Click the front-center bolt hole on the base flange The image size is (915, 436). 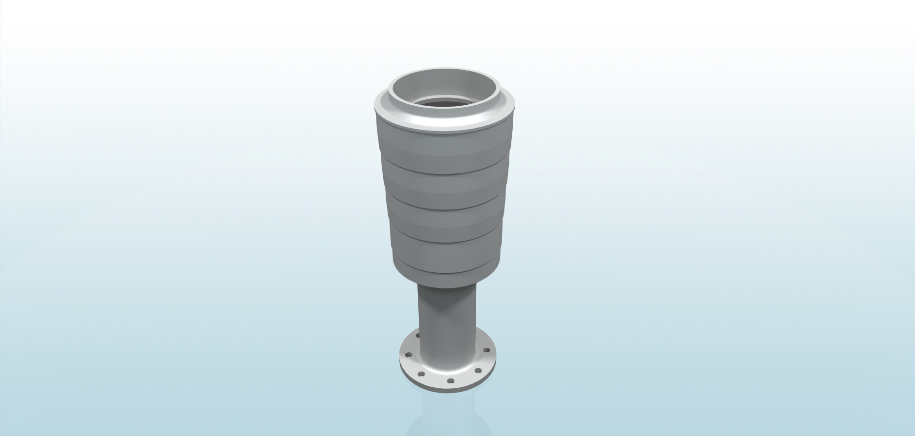pos(450,381)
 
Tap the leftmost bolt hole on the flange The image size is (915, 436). pos(409,355)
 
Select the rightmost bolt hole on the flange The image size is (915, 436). pos(486,350)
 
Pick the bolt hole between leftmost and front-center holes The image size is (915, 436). pos(421,374)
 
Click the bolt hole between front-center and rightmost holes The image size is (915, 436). pos(478,371)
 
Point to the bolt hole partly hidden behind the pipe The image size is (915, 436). pos(418,335)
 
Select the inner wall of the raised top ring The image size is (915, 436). pos(444,84)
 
